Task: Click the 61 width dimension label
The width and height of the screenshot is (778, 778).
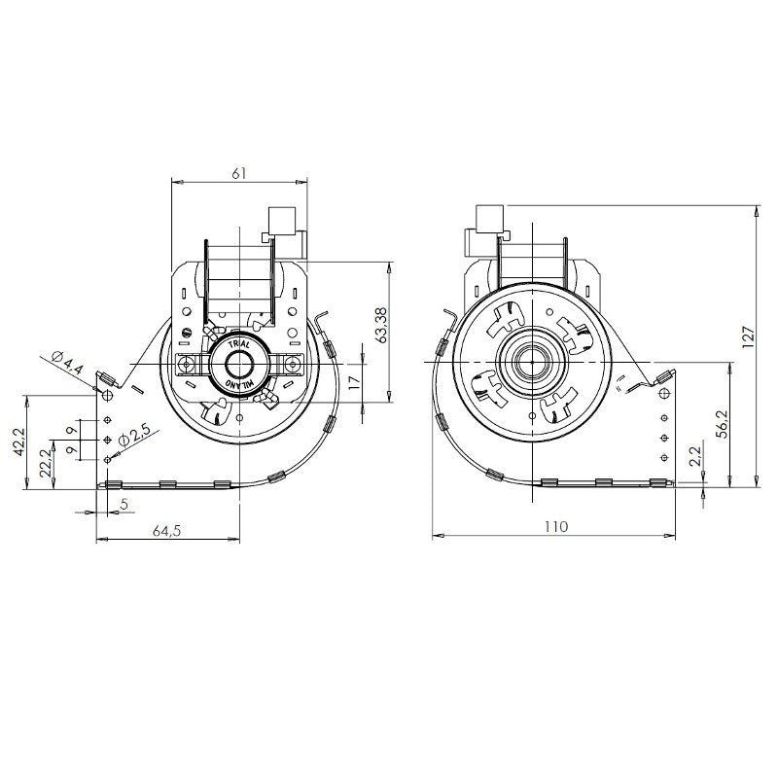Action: (x=238, y=174)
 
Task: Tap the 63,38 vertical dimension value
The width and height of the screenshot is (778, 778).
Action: (x=381, y=325)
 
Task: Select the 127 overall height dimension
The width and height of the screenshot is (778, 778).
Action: (x=748, y=336)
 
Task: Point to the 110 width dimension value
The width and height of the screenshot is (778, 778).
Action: (x=555, y=526)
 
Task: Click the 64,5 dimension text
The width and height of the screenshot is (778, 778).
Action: (x=167, y=531)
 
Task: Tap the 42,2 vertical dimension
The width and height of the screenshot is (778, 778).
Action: (x=18, y=442)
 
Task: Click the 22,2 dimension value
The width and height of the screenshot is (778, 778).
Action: (x=46, y=464)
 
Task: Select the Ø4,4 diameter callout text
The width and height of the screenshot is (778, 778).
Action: (x=67, y=363)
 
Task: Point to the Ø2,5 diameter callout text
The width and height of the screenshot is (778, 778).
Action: (x=134, y=436)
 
